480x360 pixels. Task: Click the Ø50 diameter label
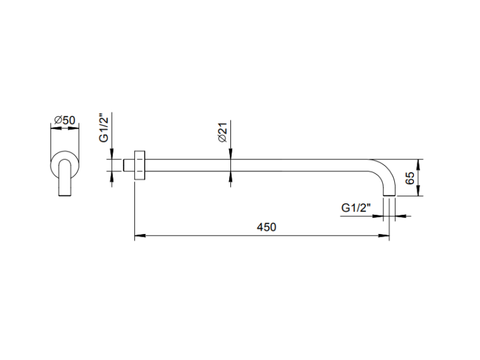(x=65, y=120)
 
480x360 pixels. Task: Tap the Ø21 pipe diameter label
(x=223, y=132)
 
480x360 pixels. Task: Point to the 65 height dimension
(x=410, y=178)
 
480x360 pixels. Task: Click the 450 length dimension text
(x=266, y=227)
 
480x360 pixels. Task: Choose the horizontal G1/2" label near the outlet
(x=356, y=208)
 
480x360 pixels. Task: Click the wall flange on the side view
(x=140, y=166)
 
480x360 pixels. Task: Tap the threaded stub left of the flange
(x=129, y=166)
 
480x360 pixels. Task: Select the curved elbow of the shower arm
(x=387, y=171)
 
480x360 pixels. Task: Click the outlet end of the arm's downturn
(x=389, y=196)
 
